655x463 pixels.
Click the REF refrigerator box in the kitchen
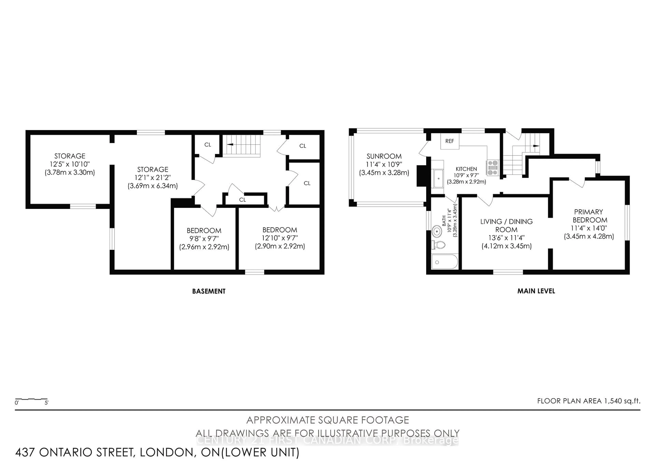(x=450, y=141)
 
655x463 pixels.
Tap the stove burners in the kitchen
(x=493, y=168)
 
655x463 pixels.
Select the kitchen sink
(x=439, y=178)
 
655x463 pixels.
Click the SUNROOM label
(x=384, y=156)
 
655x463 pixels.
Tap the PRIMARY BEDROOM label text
(x=589, y=216)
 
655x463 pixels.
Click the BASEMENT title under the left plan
(x=209, y=291)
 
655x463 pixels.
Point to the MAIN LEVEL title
(x=536, y=291)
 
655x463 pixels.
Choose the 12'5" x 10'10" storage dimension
(x=70, y=164)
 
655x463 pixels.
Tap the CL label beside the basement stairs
(x=208, y=145)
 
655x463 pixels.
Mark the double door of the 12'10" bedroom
(x=277, y=208)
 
